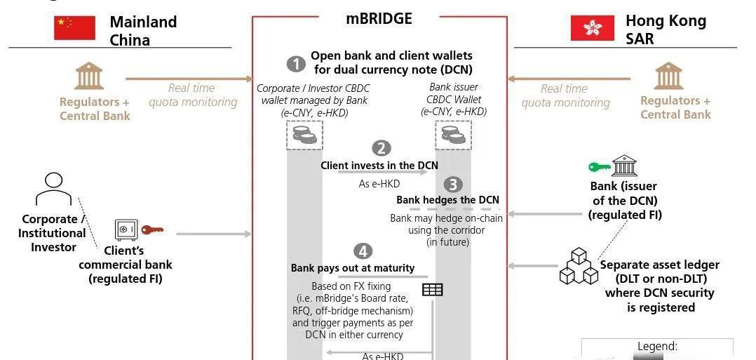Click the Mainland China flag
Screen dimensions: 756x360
(x=74, y=28)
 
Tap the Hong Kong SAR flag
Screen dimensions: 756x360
(x=593, y=28)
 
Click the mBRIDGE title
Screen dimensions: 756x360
(x=379, y=19)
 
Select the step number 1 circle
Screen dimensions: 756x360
(x=296, y=64)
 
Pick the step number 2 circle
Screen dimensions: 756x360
(x=381, y=149)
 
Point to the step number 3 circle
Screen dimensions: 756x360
(x=453, y=184)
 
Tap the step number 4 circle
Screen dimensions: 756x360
(x=363, y=251)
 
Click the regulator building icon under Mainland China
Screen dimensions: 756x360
(x=89, y=76)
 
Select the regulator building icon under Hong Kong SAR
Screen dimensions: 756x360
(x=669, y=76)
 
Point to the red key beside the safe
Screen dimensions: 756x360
(x=152, y=229)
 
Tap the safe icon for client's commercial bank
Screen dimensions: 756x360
(x=126, y=230)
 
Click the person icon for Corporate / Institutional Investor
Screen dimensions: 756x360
(x=53, y=189)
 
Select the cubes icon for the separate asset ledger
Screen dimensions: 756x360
(x=579, y=266)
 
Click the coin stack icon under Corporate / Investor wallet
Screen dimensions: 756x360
(x=304, y=135)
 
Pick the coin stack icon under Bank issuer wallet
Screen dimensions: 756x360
(x=454, y=135)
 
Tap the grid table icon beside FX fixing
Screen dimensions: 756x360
(x=433, y=290)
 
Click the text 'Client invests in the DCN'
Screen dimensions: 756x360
(x=379, y=166)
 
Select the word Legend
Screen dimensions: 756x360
(x=657, y=346)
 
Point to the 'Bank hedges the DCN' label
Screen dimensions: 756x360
(x=448, y=200)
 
